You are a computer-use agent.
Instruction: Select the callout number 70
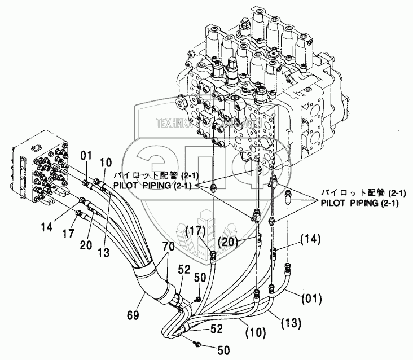pyautogui.click(x=169, y=247)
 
